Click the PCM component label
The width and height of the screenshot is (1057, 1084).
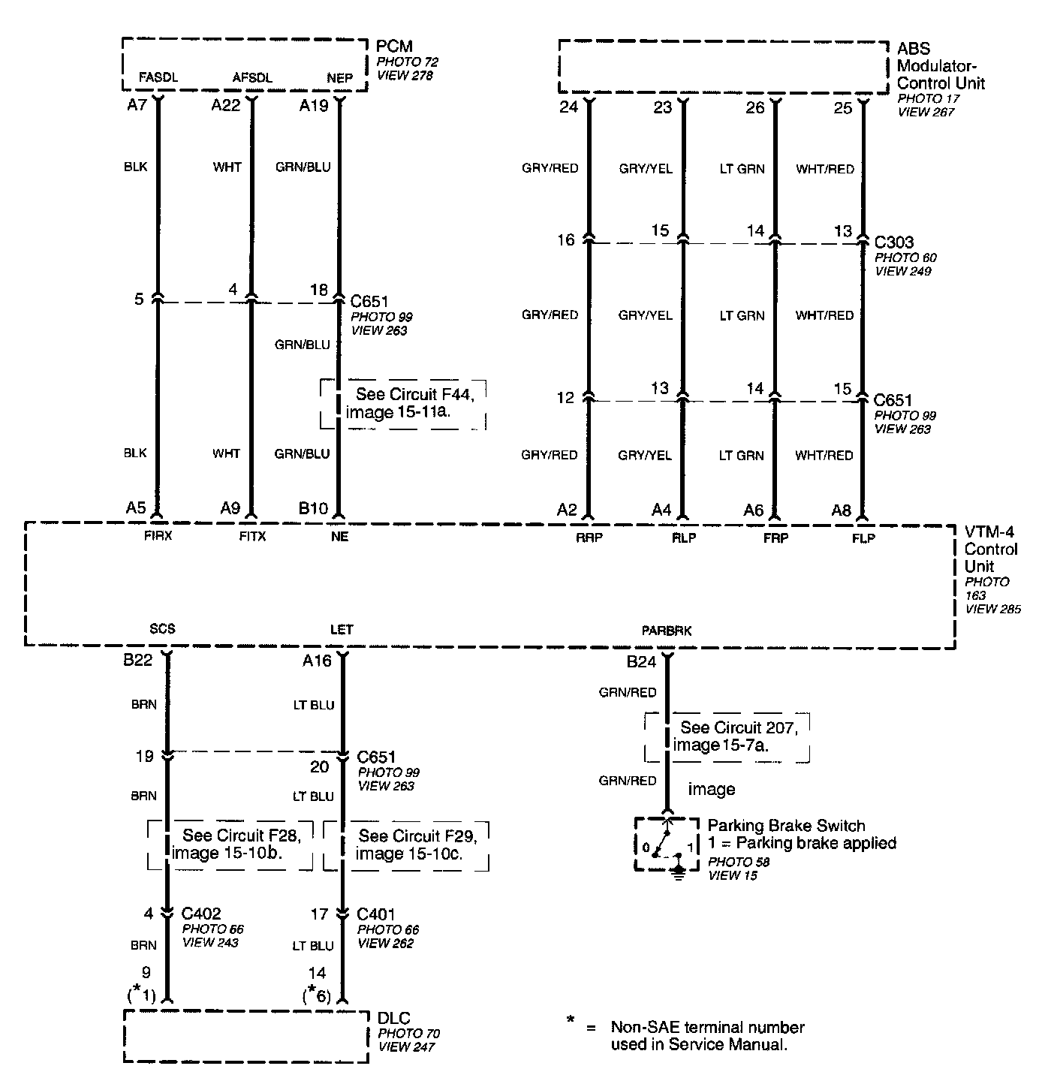point(395,47)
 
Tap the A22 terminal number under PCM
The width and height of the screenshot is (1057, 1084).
point(225,106)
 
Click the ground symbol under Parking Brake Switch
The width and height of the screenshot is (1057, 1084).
point(679,875)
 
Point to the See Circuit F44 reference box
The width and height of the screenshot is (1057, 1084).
point(403,403)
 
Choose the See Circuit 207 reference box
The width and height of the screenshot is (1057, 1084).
point(727,736)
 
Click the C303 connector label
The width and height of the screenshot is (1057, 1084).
point(894,242)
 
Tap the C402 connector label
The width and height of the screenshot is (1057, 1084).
point(201,914)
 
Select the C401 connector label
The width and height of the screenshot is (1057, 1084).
point(376,914)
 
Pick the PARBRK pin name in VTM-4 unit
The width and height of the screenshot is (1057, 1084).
point(667,631)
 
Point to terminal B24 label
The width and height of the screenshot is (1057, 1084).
point(641,662)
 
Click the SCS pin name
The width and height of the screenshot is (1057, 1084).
point(162,629)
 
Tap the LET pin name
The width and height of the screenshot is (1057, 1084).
point(342,629)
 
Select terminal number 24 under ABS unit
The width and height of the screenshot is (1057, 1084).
point(569,107)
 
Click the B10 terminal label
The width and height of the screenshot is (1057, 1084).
point(313,509)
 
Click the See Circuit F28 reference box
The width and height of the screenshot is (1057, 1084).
point(230,845)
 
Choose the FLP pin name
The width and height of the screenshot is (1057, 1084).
point(863,538)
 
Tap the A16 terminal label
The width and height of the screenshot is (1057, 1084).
point(317,661)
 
